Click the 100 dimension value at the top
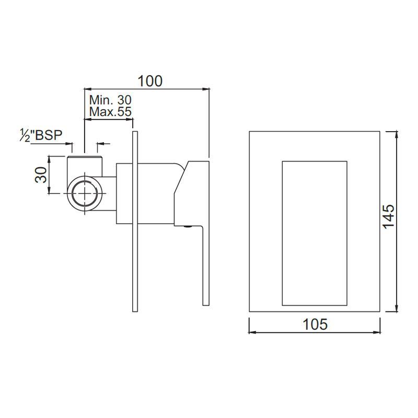tap(150, 81)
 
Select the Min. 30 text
tap(110, 100)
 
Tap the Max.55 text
tap(110, 111)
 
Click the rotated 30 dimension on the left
tap(41, 175)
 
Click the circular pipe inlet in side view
tap(84, 193)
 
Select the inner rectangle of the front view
tap(314, 233)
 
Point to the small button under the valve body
tap(187, 227)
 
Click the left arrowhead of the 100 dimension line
tap(87, 89)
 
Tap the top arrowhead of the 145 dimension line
tap(397, 134)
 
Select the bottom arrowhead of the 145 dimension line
tap(397, 309)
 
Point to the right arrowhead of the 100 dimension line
tap(206, 89)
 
